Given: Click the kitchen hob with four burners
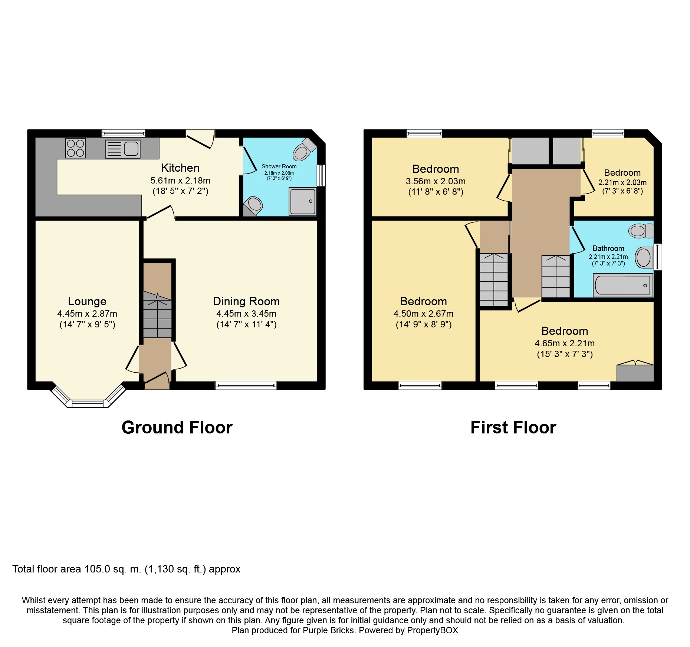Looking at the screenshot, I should coord(75,148).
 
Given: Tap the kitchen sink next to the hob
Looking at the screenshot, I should coord(122,149).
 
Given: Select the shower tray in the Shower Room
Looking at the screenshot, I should coord(303,201).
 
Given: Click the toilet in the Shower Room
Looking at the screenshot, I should coord(304,150).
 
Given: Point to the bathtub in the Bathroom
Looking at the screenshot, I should coord(623,285).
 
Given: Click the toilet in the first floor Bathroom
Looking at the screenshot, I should coord(641,231).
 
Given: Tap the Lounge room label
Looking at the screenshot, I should coord(87,301).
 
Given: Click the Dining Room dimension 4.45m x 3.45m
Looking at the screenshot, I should coord(246,314).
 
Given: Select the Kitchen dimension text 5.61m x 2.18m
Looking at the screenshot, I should coord(180,181).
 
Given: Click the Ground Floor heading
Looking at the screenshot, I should coord(177,428).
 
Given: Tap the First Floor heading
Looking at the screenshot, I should coord(513,428).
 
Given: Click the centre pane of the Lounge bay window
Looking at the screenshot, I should coord(88,403).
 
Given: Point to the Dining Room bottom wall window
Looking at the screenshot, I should coord(246,386).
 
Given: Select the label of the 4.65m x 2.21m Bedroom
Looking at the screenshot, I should coord(565,331).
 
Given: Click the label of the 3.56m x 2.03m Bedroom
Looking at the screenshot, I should coord(436,169).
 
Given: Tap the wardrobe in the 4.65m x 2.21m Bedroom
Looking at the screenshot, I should coord(635,373).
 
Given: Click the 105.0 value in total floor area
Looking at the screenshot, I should coord(97,569).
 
